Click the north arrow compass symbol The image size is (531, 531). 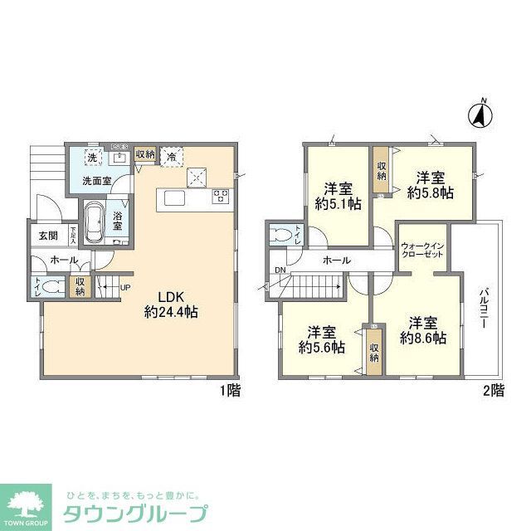[479, 115]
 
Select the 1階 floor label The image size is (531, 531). [231, 391]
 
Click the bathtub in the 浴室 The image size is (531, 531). [93, 222]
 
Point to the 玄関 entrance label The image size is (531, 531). [47, 235]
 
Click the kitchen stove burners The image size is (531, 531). [221, 197]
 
